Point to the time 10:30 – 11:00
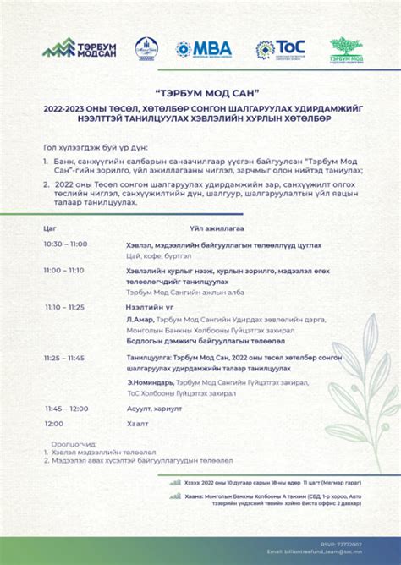[x=65, y=244]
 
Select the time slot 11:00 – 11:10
[x=64, y=271]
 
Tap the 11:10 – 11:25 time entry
[x=65, y=308]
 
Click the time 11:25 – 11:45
[x=65, y=358]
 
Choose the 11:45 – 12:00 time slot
[x=66, y=409]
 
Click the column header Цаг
[x=50, y=228]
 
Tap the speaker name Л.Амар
[x=140, y=319]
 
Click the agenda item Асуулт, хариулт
[x=154, y=409]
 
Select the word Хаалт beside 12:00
[x=137, y=423]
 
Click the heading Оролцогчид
[x=74, y=443]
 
